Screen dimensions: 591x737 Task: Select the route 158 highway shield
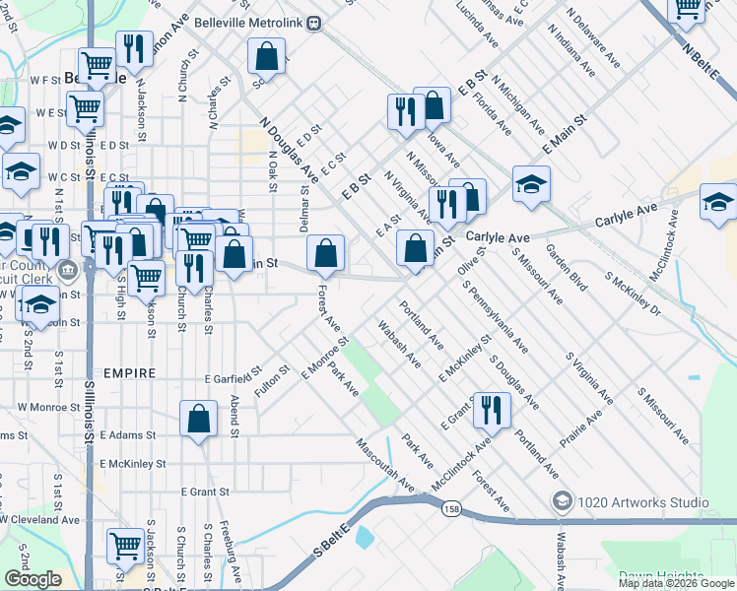click(451, 508)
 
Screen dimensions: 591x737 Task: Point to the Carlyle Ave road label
click(498, 237)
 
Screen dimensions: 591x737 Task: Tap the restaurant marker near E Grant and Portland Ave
click(492, 411)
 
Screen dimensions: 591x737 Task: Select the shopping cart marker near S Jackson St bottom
click(126, 546)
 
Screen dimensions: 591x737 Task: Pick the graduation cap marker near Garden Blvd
click(531, 184)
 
